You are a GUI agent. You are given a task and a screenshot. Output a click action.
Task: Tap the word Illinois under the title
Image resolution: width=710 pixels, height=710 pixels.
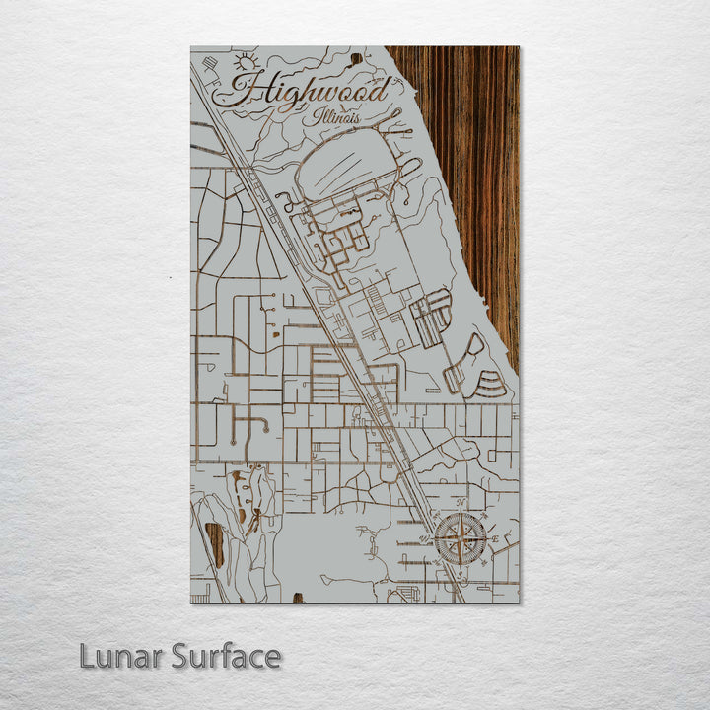(x=337, y=116)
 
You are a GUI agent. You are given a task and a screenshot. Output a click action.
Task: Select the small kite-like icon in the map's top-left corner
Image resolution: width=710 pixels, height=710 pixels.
(x=209, y=65)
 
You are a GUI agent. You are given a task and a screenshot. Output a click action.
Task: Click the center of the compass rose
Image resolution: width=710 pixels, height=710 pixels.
(x=461, y=539)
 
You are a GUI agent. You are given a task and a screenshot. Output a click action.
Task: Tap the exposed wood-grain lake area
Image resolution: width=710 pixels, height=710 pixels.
(x=473, y=148)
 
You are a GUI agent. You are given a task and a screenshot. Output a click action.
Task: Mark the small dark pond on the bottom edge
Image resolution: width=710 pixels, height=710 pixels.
(x=298, y=598)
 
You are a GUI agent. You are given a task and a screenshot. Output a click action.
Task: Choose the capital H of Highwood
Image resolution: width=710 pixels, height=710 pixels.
(x=251, y=92)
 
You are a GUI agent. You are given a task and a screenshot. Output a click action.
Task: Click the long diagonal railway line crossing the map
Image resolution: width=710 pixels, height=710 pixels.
(x=325, y=325)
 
